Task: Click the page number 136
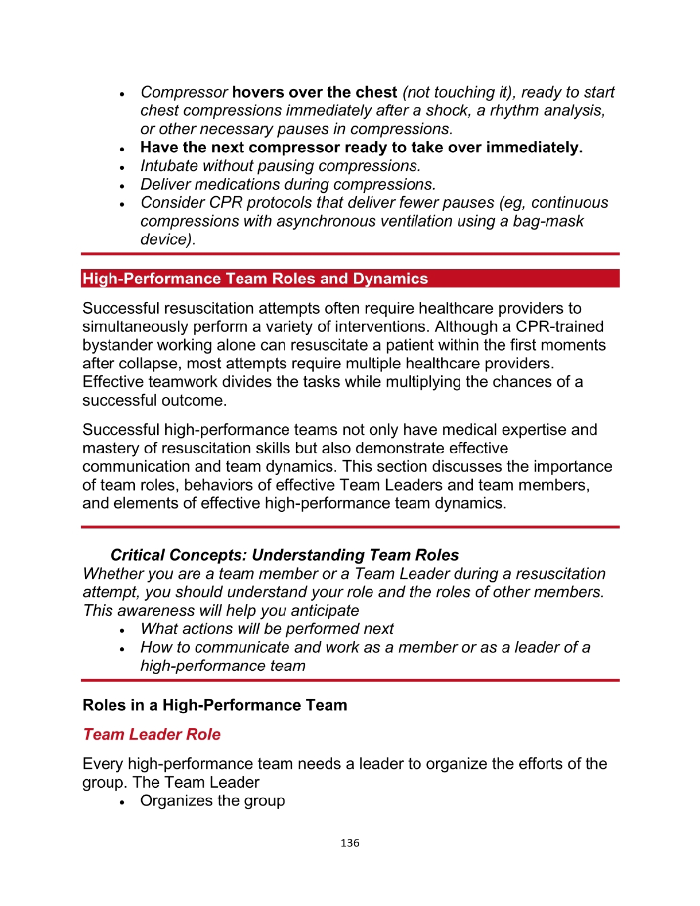[349, 843]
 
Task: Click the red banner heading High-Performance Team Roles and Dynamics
[255, 279]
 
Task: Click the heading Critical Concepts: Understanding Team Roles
[285, 555]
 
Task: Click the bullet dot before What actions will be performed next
[122, 630]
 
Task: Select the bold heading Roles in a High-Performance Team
[215, 705]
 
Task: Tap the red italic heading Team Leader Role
[151, 734]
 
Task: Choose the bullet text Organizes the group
[212, 800]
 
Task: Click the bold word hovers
[258, 92]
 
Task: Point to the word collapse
[149, 363]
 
